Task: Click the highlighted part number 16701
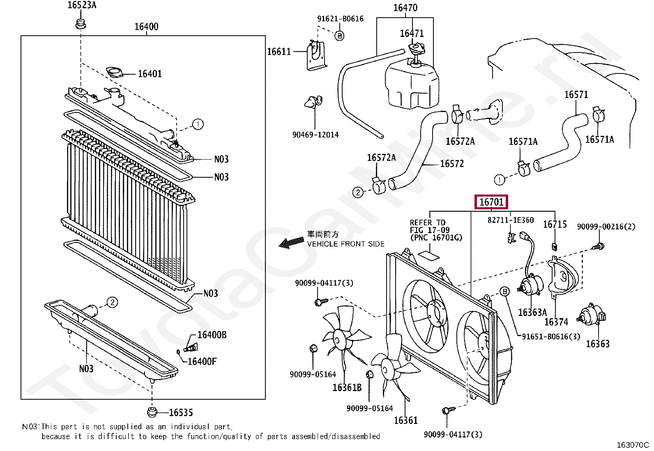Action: pyautogui.click(x=491, y=202)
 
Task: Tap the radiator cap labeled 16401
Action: pyautogui.click(x=114, y=72)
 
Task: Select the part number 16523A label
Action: pyautogui.click(x=82, y=5)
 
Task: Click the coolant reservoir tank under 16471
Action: pyautogui.click(x=411, y=86)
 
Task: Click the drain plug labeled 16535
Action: pyautogui.click(x=152, y=412)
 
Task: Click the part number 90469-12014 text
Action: pyautogui.click(x=315, y=135)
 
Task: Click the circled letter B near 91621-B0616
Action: pyautogui.click(x=339, y=36)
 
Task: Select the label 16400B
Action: pyautogui.click(x=212, y=335)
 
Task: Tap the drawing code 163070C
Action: pyautogui.click(x=633, y=445)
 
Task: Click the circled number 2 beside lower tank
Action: pyautogui.click(x=113, y=302)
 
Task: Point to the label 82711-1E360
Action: pyautogui.click(x=511, y=220)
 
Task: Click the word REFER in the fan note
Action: pyautogui.click(x=421, y=222)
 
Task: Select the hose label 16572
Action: pyautogui.click(x=452, y=164)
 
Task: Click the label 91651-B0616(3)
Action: pyautogui.click(x=551, y=337)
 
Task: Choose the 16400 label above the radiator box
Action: pyautogui.click(x=146, y=27)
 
